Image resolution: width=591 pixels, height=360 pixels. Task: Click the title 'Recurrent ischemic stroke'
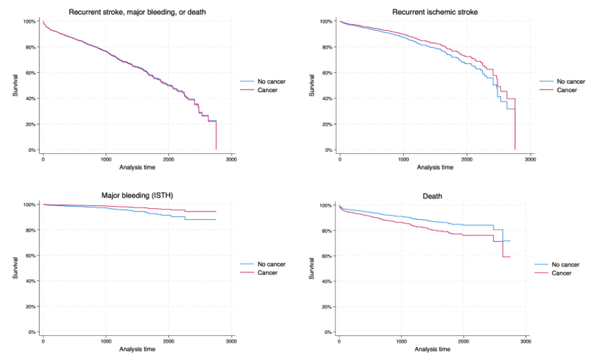(x=435, y=12)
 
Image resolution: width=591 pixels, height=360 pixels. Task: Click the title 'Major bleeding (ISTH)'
(x=138, y=195)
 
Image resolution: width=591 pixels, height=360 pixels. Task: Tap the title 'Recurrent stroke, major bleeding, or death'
(x=138, y=12)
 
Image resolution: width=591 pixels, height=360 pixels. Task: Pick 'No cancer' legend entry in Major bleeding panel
(x=271, y=264)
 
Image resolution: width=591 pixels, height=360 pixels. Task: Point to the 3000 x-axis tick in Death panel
(x=526, y=341)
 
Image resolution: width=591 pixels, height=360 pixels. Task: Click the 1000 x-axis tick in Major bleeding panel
(x=105, y=341)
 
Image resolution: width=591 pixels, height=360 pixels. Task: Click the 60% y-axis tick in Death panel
(x=328, y=256)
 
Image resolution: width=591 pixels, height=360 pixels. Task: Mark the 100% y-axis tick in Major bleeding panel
(x=31, y=205)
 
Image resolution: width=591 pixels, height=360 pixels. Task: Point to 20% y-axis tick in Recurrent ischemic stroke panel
(x=328, y=124)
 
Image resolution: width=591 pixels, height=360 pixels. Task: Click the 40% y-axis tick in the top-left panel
(x=32, y=98)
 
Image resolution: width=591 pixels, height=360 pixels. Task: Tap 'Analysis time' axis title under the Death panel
(x=432, y=349)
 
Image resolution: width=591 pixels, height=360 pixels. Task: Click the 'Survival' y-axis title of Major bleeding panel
(x=15, y=268)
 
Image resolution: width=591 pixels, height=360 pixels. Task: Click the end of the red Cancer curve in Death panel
(x=511, y=257)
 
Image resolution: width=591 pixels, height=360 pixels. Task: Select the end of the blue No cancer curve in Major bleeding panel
(x=216, y=220)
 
